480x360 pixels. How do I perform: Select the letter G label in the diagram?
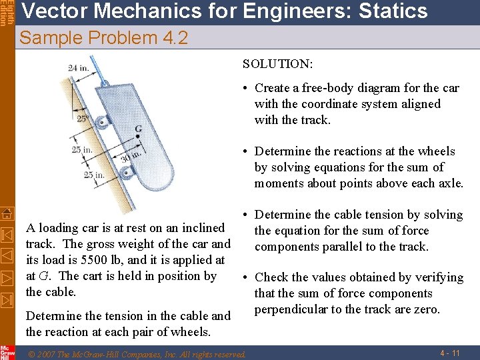138,127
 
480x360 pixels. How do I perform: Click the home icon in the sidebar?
7,213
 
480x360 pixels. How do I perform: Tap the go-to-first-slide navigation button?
7,235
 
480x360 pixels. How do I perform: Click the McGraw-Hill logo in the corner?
7,352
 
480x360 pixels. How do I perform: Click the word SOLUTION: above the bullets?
278,64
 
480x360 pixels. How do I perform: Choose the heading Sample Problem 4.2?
104,38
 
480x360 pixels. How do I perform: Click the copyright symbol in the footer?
30,353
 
